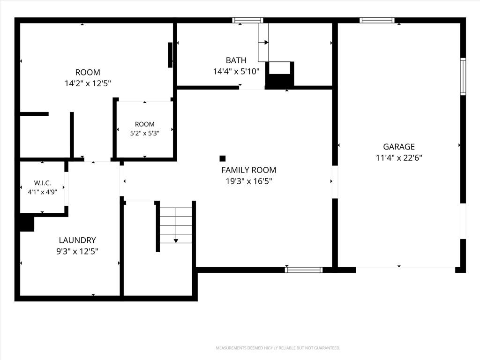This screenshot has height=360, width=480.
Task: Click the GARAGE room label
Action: pyautogui.click(x=399, y=147)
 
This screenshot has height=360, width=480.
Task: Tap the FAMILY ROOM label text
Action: pyautogui.click(x=248, y=170)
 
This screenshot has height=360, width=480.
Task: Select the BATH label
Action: pyautogui.click(x=236, y=60)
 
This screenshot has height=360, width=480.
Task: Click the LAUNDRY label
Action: pyautogui.click(x=77, y=240)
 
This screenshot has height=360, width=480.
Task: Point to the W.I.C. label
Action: pyautogui.click(x=42, y=183)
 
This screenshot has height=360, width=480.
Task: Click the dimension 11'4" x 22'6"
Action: pyautogui.click(x=399, y=157)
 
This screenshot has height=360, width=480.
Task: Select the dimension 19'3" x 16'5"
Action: pyautogui.click(x=248, y=181)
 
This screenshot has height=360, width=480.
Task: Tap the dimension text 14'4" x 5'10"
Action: pyautogui.click(x=236, y=72)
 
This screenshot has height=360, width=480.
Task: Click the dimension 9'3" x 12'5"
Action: pyautogui.click(x=77, y=251)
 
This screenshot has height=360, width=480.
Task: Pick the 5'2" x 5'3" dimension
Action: pyautogui.click(x=144, y=133)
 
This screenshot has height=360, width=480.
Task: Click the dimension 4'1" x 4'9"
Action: pyautogui.click(x=42, y=192)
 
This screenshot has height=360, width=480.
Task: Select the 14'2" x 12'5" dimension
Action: pyautogui.click(x=88, y=83)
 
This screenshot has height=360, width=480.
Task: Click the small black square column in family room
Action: pyautogui.click(x=223, y=158)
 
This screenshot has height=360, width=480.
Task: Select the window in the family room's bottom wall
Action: pyautogui.click(x=304, y=270)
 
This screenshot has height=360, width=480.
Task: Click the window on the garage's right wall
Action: pyautogui.click(x=463, y=76)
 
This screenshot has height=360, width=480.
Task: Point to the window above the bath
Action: pyautogui.click(x=247, y=21)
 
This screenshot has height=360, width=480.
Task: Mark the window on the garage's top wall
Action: pyautogui.click(x=377, y=21)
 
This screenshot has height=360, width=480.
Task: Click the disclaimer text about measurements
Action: pyautogui.click(x=278, y=348)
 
